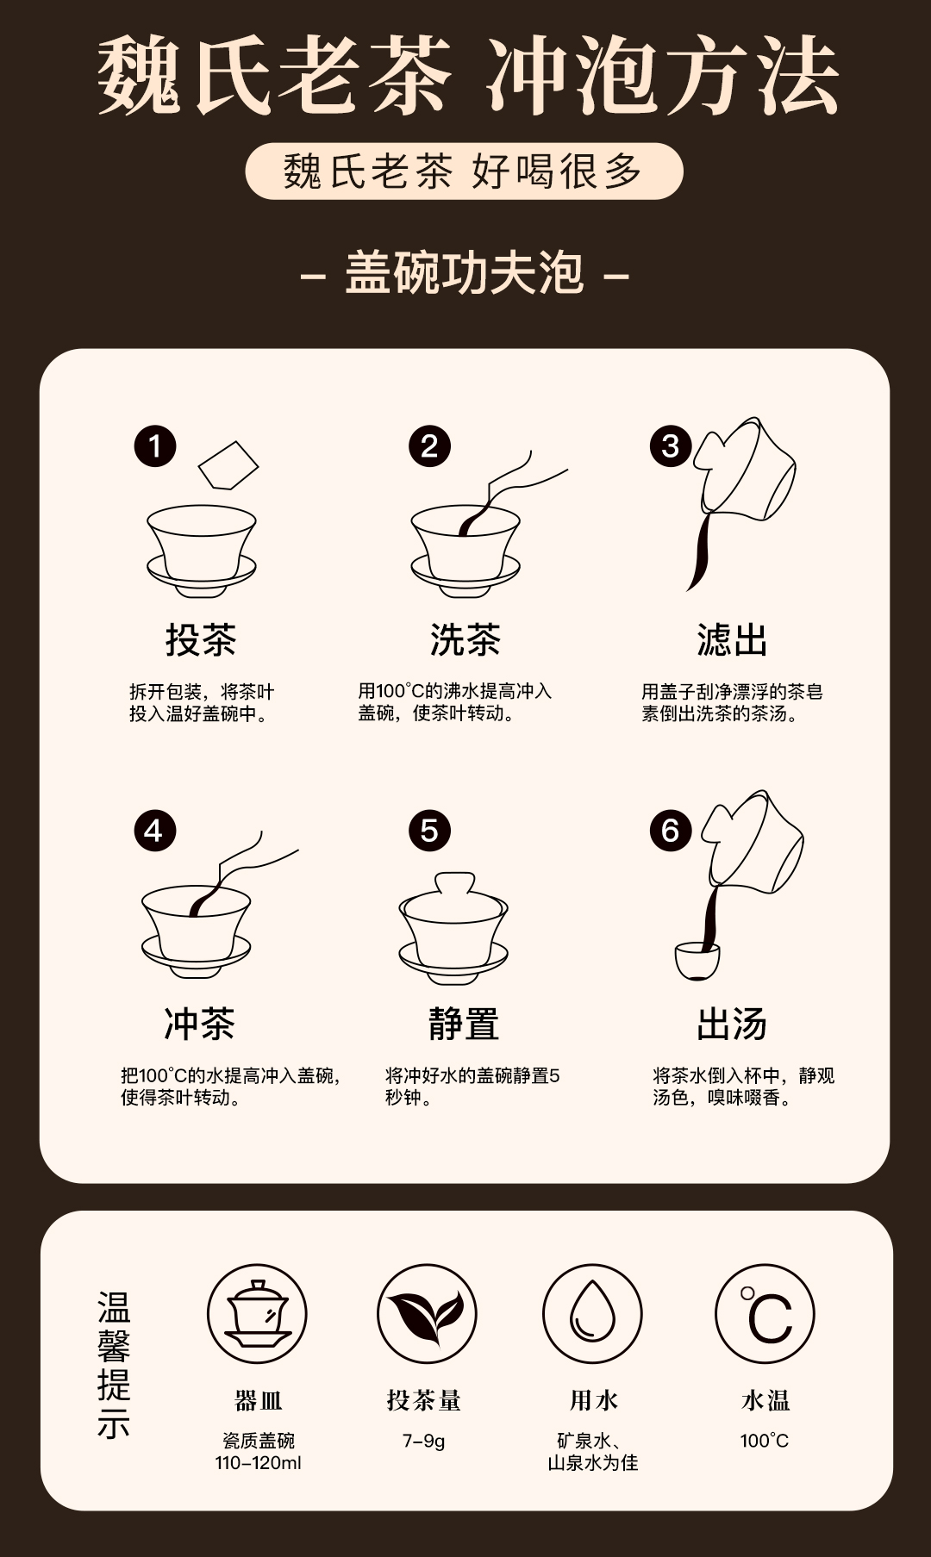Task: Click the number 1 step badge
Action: pos(155,446)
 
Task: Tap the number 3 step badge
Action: pos(671,446)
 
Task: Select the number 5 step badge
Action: pos(429,831)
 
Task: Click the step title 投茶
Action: pos(201,639)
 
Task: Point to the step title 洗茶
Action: pos(465,639)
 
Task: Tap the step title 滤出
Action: pos(732,639)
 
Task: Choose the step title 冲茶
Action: pos(200,1024)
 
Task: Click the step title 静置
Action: pos(465,1024)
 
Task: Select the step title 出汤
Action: pos(732,1024)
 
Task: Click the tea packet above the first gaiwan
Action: pos(228,465)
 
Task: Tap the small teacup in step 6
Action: pos(697,961)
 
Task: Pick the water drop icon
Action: pos(592,1313)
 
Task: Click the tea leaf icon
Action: pos(426,1313)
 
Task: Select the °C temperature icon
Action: pos(765,1313)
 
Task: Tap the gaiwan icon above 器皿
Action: pos(257,1313)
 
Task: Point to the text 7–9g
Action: pos(424,1441)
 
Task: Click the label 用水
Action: pos(594,1400)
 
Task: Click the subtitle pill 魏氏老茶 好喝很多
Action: pos(464,171)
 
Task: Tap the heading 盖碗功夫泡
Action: pos(465,274)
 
